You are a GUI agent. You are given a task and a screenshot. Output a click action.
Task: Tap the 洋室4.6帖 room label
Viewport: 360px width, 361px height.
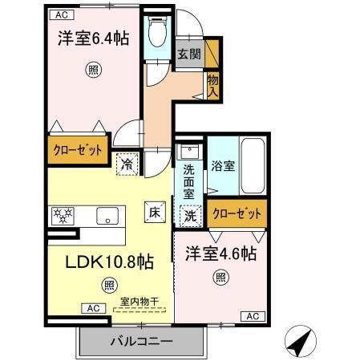221,254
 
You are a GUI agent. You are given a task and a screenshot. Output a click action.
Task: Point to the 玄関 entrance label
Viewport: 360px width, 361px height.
189,54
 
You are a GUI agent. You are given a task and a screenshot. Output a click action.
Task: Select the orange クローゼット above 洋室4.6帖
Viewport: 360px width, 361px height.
237,213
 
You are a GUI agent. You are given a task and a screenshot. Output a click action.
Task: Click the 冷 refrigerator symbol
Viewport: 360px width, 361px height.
127,163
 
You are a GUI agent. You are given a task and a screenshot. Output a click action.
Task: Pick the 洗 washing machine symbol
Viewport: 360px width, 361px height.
190,214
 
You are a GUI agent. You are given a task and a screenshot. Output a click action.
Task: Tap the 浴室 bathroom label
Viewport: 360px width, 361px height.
222,166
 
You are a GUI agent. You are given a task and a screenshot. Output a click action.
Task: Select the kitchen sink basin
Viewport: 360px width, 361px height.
107,215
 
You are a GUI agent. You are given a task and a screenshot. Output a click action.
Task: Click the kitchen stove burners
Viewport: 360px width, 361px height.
62,215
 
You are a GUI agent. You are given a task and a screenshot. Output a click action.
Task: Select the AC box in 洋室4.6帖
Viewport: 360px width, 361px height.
250,315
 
